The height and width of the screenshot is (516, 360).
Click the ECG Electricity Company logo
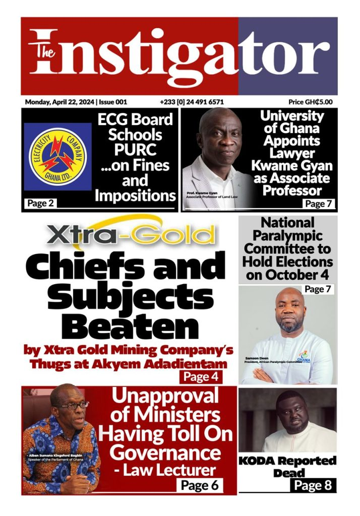click(57, 157)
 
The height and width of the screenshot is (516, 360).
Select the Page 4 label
click(201, 376)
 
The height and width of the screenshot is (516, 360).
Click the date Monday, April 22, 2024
click(59, 102)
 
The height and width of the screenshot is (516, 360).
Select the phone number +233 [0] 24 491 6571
click(192, 102)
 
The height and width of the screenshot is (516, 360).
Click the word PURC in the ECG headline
click(135, 150)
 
